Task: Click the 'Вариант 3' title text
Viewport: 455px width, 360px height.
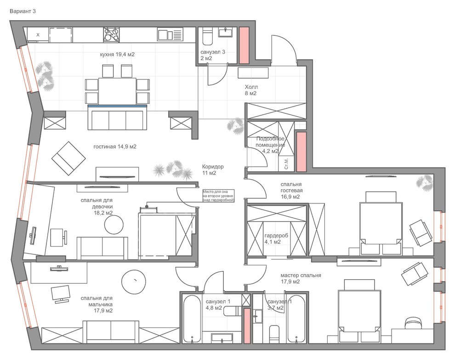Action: point(23,11)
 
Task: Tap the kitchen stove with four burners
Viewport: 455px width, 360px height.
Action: point(111,35)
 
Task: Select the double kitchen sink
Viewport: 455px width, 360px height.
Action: point(171,34)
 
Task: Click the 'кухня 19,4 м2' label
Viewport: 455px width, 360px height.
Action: point(117,54)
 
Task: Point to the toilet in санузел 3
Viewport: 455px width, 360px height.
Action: point(207,37)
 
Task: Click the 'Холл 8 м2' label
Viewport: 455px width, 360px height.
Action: point(251,90)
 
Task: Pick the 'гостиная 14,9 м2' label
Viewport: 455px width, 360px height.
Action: point(115,146)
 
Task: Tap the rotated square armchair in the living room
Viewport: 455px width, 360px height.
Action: point(68,158)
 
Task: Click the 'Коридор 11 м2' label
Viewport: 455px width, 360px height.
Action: point(213,170)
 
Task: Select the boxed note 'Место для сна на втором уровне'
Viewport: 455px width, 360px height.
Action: point(218,196)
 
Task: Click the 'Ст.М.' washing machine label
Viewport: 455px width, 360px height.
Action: point(286,164)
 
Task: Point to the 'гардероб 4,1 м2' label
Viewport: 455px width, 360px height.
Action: point(276,239)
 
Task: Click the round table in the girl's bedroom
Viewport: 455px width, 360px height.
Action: point(114,225)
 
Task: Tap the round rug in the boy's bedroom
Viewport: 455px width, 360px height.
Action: point(133,282)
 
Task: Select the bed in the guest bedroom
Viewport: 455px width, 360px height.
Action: point(381,223)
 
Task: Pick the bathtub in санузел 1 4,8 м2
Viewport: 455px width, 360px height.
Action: point(192,318)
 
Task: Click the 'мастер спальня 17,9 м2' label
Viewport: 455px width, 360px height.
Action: point(301,278)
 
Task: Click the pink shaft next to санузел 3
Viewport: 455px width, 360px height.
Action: point(244,45)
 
